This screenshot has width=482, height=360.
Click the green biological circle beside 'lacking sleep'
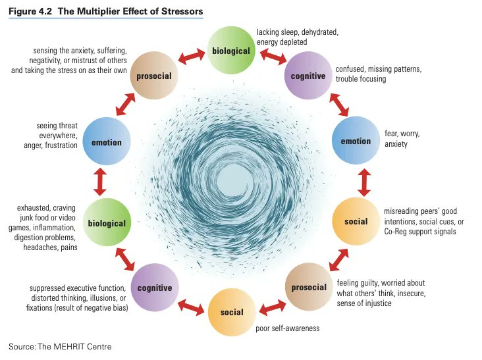click(x=231, y=50)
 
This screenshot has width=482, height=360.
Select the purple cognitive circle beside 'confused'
click(x=308, y=76)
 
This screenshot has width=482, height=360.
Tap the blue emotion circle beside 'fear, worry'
click(x=356, y=141)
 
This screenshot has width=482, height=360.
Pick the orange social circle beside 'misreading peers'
click(x=356, y=221)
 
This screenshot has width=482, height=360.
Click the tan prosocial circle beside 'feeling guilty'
click(x=309, y=287)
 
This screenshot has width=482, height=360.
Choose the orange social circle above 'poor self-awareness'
click(x=232, y=312)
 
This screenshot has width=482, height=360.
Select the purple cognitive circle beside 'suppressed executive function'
click(x=155, y=288)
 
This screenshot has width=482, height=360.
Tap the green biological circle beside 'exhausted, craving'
click(x=107, y=222)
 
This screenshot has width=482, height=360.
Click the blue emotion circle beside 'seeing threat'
click(x=107, y=141)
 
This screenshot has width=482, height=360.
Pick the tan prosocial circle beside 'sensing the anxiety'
click(x=154, y=76)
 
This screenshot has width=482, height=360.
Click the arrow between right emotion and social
click(x=364, y=182)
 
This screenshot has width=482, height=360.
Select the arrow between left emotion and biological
click(x=100, y=182)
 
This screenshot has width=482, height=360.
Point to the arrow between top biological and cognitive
click(x=273, y=57)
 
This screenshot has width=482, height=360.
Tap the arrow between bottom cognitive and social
click(x=191, y=307)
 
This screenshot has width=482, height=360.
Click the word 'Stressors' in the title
click(x=182, y=11)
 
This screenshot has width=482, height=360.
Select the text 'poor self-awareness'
click(x=287, y=328)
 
